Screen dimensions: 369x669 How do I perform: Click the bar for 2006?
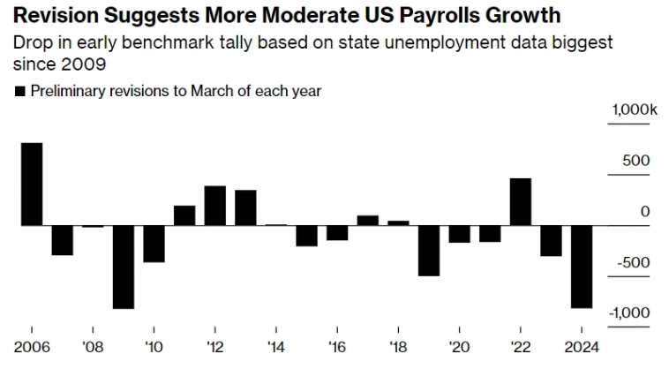tap(32, 184)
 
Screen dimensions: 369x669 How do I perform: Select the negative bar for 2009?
tap(124, 267)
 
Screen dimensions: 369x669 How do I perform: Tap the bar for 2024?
tap(583, 267)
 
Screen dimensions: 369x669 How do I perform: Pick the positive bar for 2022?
tap(521, 201)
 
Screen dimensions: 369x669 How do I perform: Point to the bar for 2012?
tap(215, 205)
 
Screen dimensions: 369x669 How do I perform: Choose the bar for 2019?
tap(429, 251)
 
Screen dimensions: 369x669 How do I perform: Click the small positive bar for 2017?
tap(368, 220)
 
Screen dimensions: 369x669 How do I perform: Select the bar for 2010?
tap(154, 244)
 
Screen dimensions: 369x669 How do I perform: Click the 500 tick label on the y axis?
tap(636, 161)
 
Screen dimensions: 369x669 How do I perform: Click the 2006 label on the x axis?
tap(31, 346)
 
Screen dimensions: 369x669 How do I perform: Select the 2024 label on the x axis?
tap(583, 346)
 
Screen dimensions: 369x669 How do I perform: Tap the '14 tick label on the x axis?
tap(276, 346)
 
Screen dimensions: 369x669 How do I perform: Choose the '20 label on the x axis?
tap(460, 346)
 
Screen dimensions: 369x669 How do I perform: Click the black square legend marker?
tap(20, 91)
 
